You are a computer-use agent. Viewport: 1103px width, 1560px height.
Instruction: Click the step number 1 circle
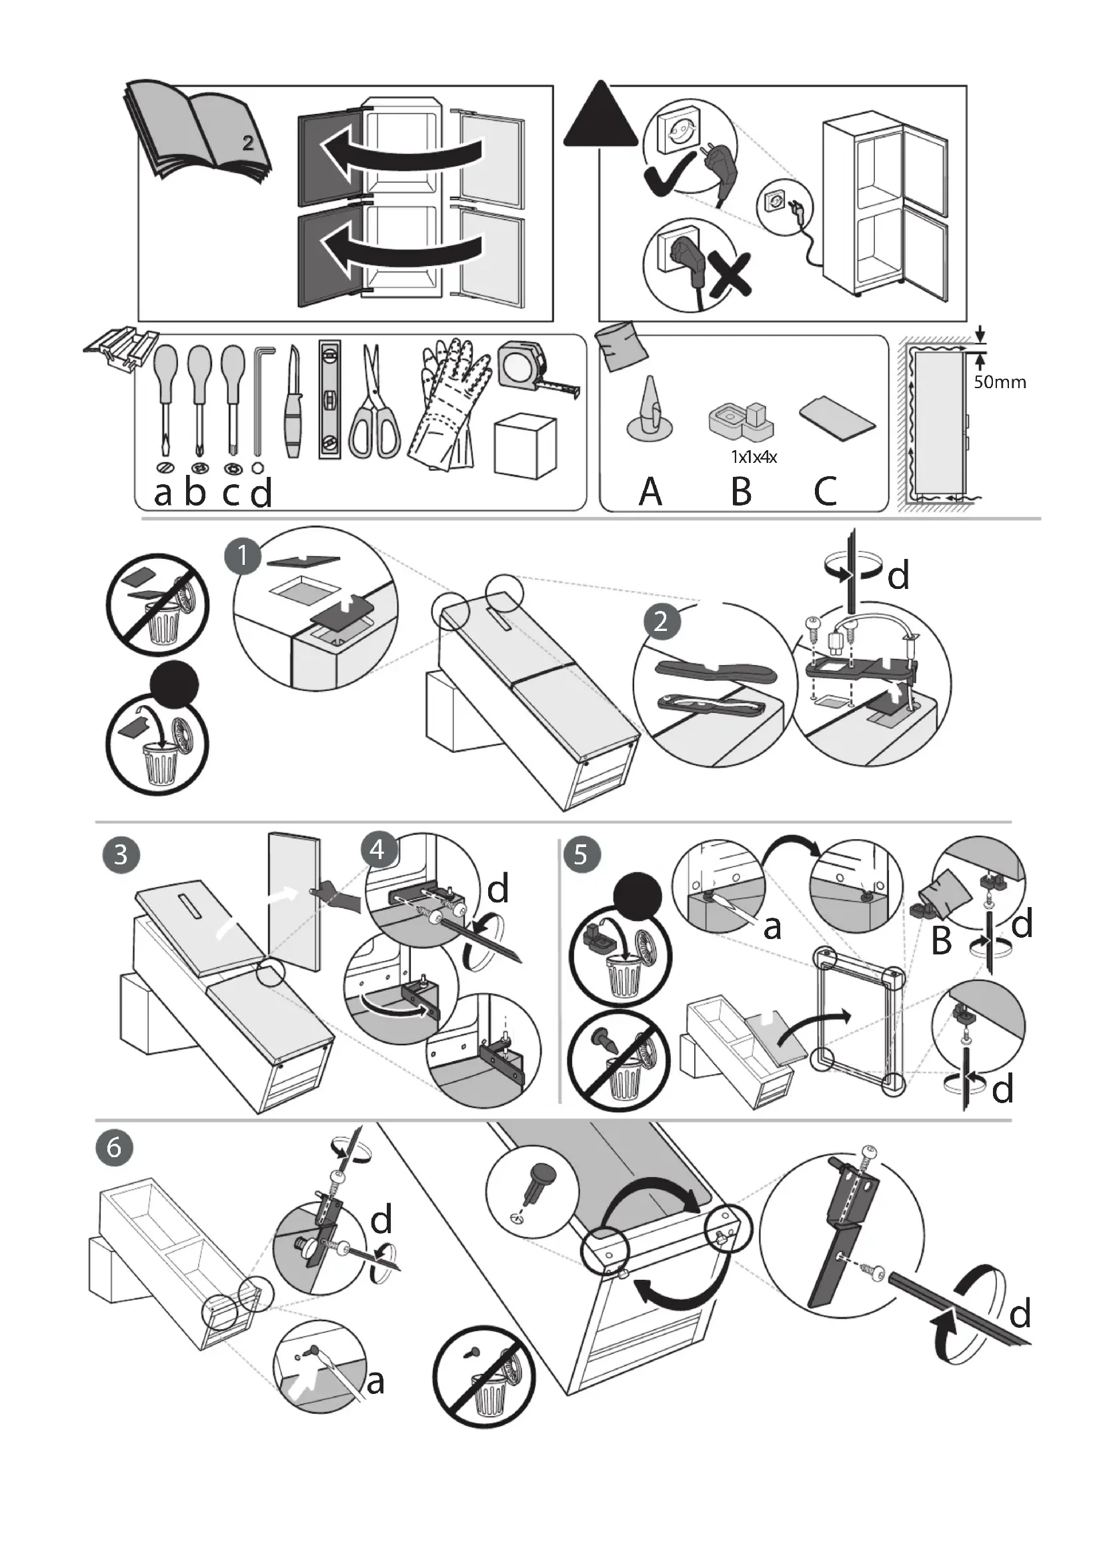[x=243, y=556]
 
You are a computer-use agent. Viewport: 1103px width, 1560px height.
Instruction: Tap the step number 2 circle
[x=661, y=621]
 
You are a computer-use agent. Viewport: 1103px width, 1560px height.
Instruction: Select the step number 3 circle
[x=121, y=854]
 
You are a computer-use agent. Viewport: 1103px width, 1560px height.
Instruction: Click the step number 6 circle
[x=114, y=1148]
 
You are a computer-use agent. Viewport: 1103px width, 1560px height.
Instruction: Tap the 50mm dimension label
[x=1000, y=382]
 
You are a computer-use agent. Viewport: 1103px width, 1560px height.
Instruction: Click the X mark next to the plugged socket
[x=729, y=275]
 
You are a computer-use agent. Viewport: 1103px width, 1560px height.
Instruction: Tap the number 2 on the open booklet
[x=248, y=143]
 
